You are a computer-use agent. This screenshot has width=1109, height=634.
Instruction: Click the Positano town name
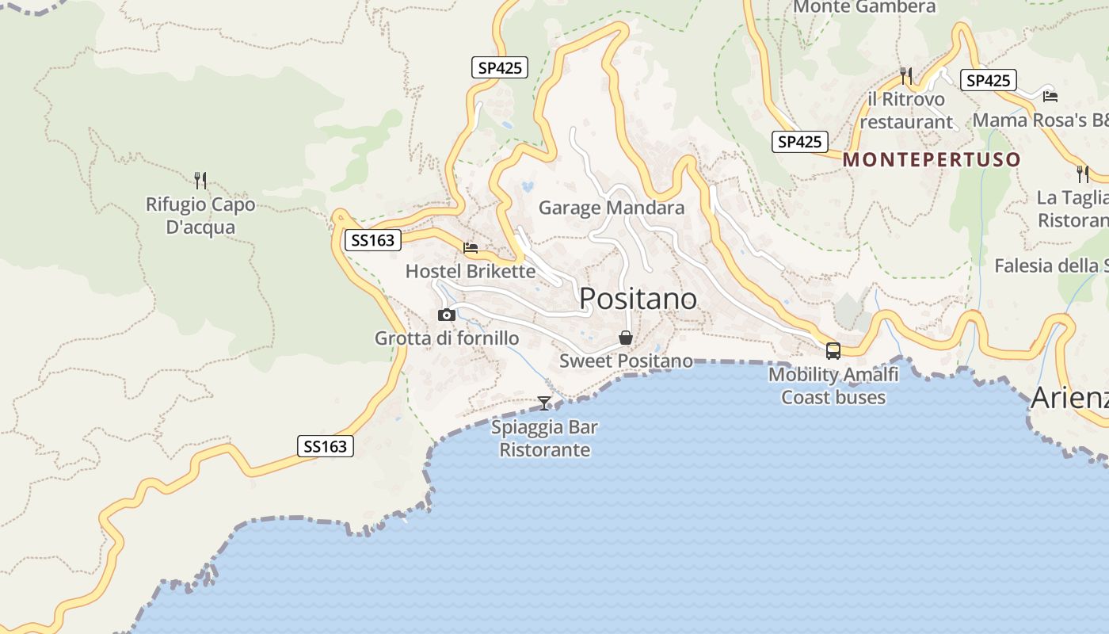click(x=638, y=299)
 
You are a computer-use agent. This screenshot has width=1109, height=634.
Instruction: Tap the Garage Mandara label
click(x=611, y=208)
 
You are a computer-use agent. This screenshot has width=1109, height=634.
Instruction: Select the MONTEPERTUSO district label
click(x=932, y=159)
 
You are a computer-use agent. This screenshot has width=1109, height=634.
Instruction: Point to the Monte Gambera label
click(x=864, y=7)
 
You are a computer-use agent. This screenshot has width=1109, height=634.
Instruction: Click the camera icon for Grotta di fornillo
click(x=447, y=315)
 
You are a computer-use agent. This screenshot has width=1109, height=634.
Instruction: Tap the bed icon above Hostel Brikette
click(x=471, y=247)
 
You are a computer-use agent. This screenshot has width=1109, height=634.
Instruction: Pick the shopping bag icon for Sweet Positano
click(x=626, y=338)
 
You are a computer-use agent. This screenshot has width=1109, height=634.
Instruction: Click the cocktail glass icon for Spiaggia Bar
click(x=544, y=403)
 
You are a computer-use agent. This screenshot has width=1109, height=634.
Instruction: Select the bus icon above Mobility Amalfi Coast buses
click(x=833, y=350)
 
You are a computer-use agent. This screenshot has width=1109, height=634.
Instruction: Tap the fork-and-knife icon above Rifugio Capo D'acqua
click(x=200, y=181)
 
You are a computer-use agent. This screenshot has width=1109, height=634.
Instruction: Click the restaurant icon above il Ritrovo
click(x=906, y=76)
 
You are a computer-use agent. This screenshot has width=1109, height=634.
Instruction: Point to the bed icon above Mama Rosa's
click(x=1050, y=96)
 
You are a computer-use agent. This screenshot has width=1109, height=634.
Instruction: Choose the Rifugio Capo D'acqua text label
click(x=200, y=216)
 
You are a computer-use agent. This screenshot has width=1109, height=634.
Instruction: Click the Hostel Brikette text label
click(x=471, y=271)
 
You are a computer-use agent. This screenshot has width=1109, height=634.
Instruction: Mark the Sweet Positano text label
click(x=626, y=361)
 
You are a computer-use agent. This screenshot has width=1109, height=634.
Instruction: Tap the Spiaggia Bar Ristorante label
click(x=544, y=438)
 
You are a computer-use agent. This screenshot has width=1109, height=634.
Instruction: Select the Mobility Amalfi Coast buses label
click(x=833, y=385)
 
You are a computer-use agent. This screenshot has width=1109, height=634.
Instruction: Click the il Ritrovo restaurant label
click(x=906, y=110)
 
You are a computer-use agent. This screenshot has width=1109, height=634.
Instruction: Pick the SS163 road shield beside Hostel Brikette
click(x=372, y=240)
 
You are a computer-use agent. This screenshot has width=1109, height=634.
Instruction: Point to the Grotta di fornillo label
click(x=447, y=338)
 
